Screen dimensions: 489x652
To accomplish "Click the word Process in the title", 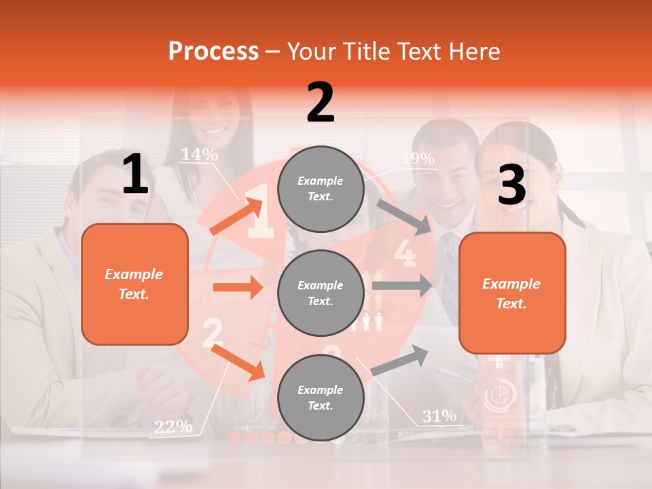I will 213,52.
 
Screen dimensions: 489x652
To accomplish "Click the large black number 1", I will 135,175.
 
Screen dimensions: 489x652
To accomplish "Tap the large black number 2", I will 321,103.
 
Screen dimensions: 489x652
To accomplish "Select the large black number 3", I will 511,185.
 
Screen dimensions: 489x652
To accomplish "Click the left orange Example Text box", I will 134,284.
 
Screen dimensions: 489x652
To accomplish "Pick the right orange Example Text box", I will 512,293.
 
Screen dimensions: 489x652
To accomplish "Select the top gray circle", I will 320,189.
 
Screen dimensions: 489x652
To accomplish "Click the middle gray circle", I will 320,293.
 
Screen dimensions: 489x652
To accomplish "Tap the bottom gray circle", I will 320,397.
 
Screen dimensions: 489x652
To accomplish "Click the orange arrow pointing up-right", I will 236,216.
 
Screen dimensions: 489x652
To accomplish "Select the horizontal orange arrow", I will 238,287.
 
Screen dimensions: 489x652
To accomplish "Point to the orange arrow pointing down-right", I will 238,361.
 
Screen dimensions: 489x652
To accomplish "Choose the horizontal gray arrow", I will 402,285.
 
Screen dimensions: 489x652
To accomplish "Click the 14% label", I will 199,155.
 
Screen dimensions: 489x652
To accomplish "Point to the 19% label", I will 418,159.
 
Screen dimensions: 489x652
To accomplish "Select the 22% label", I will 173,427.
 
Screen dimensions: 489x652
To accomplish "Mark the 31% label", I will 439,416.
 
